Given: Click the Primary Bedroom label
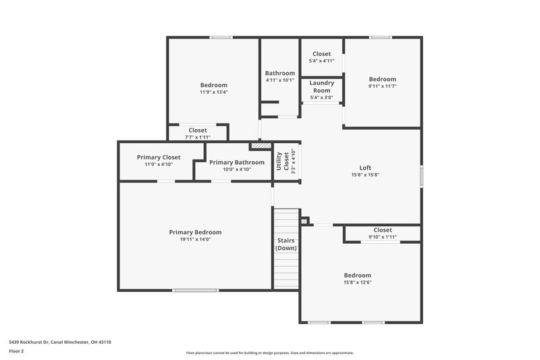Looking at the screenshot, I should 195,232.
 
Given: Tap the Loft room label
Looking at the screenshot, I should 364,168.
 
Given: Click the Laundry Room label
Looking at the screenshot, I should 321,86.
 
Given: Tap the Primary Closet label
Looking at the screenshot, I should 159,157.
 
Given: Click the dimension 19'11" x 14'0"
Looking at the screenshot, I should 195,240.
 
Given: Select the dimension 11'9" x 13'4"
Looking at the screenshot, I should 213,92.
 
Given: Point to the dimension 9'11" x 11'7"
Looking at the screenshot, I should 382,86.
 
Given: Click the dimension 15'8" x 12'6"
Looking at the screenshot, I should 357,282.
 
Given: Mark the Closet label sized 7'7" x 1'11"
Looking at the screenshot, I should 198,130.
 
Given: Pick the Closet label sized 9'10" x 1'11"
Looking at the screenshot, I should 383,230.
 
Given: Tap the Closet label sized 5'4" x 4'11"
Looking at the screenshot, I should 321,54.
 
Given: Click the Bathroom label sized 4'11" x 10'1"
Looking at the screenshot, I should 279,73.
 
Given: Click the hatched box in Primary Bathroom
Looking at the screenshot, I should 261,145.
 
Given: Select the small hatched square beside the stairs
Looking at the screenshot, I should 304,220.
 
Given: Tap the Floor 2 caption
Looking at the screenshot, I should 17,352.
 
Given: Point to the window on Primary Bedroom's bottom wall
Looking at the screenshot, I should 195,290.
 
